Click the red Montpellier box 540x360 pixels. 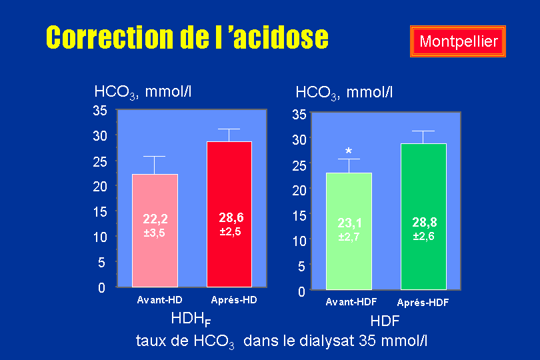[458, 41]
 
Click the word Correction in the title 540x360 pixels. [110, 37]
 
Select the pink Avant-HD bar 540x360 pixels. [155, 231]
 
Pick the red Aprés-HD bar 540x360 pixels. [229, 214]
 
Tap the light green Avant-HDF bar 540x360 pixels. [349, 231]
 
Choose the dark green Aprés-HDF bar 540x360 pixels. [423, 217]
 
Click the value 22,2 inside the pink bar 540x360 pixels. [155, 219]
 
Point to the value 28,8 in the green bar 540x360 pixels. [424, 223]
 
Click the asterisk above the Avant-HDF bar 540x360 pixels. [349, 151]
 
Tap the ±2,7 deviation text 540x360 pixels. [349, 237]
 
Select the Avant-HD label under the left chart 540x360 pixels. [159, 300]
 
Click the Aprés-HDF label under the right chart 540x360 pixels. [423, 303]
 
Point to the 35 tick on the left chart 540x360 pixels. [100, 111]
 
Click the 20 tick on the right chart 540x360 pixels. [299, 190]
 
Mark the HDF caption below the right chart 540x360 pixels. [385, 321]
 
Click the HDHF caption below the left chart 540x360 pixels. [191, 319]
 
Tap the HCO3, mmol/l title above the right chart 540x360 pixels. [344, 93]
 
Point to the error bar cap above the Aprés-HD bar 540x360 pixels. [229, 129]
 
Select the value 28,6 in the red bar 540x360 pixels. [231, 217]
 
